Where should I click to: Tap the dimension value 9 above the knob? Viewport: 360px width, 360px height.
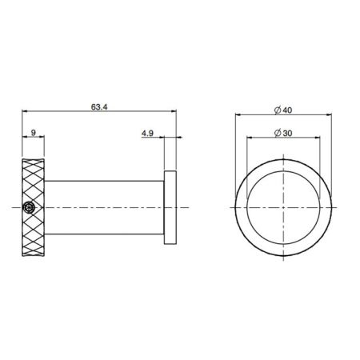pos(32,135)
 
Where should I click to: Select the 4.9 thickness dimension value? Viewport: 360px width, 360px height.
pos(148,135)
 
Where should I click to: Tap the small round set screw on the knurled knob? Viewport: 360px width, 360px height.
pos(30,207)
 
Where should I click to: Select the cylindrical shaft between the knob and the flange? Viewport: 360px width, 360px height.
pos(104,207)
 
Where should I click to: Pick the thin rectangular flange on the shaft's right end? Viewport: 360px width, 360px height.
pos(170,207)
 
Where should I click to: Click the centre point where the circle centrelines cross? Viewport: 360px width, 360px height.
pos(286,207)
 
